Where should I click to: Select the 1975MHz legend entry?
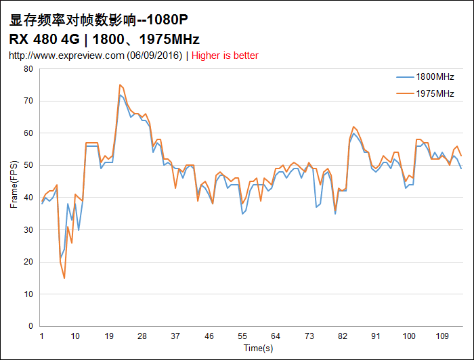[435, 93]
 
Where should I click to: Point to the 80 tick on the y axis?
[28, 69]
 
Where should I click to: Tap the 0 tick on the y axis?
[30, 326]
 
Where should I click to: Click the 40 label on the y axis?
[28, 198]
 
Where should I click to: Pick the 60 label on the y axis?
[28, 133]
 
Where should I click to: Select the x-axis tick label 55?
[242, 336]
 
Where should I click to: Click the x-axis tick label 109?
[442, 336]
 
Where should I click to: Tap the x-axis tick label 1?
[42, 336]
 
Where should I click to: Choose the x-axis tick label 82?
[343, 336]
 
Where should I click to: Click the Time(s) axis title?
[259, 348]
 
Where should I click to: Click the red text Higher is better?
[225, 55]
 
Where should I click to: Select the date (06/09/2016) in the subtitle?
[154, 55]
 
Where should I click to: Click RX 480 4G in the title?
[45, 39]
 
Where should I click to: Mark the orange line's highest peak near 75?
[119, 85]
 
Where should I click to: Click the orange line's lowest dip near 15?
[64, 278]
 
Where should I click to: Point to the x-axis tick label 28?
[142, 336]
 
